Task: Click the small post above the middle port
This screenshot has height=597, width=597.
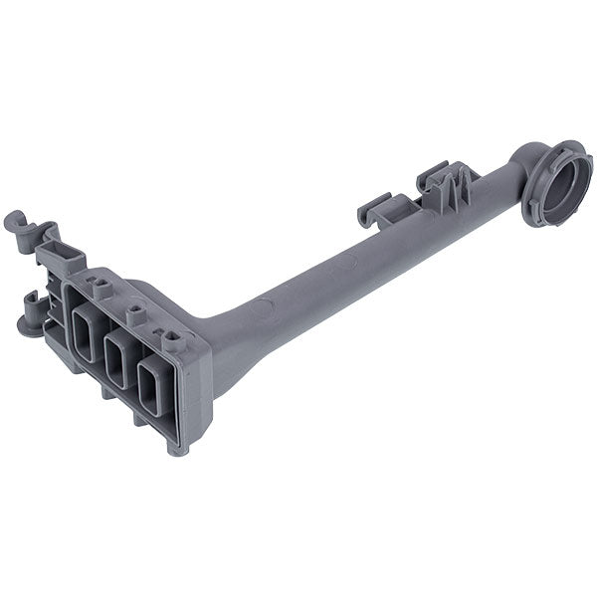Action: pos(138,313)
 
